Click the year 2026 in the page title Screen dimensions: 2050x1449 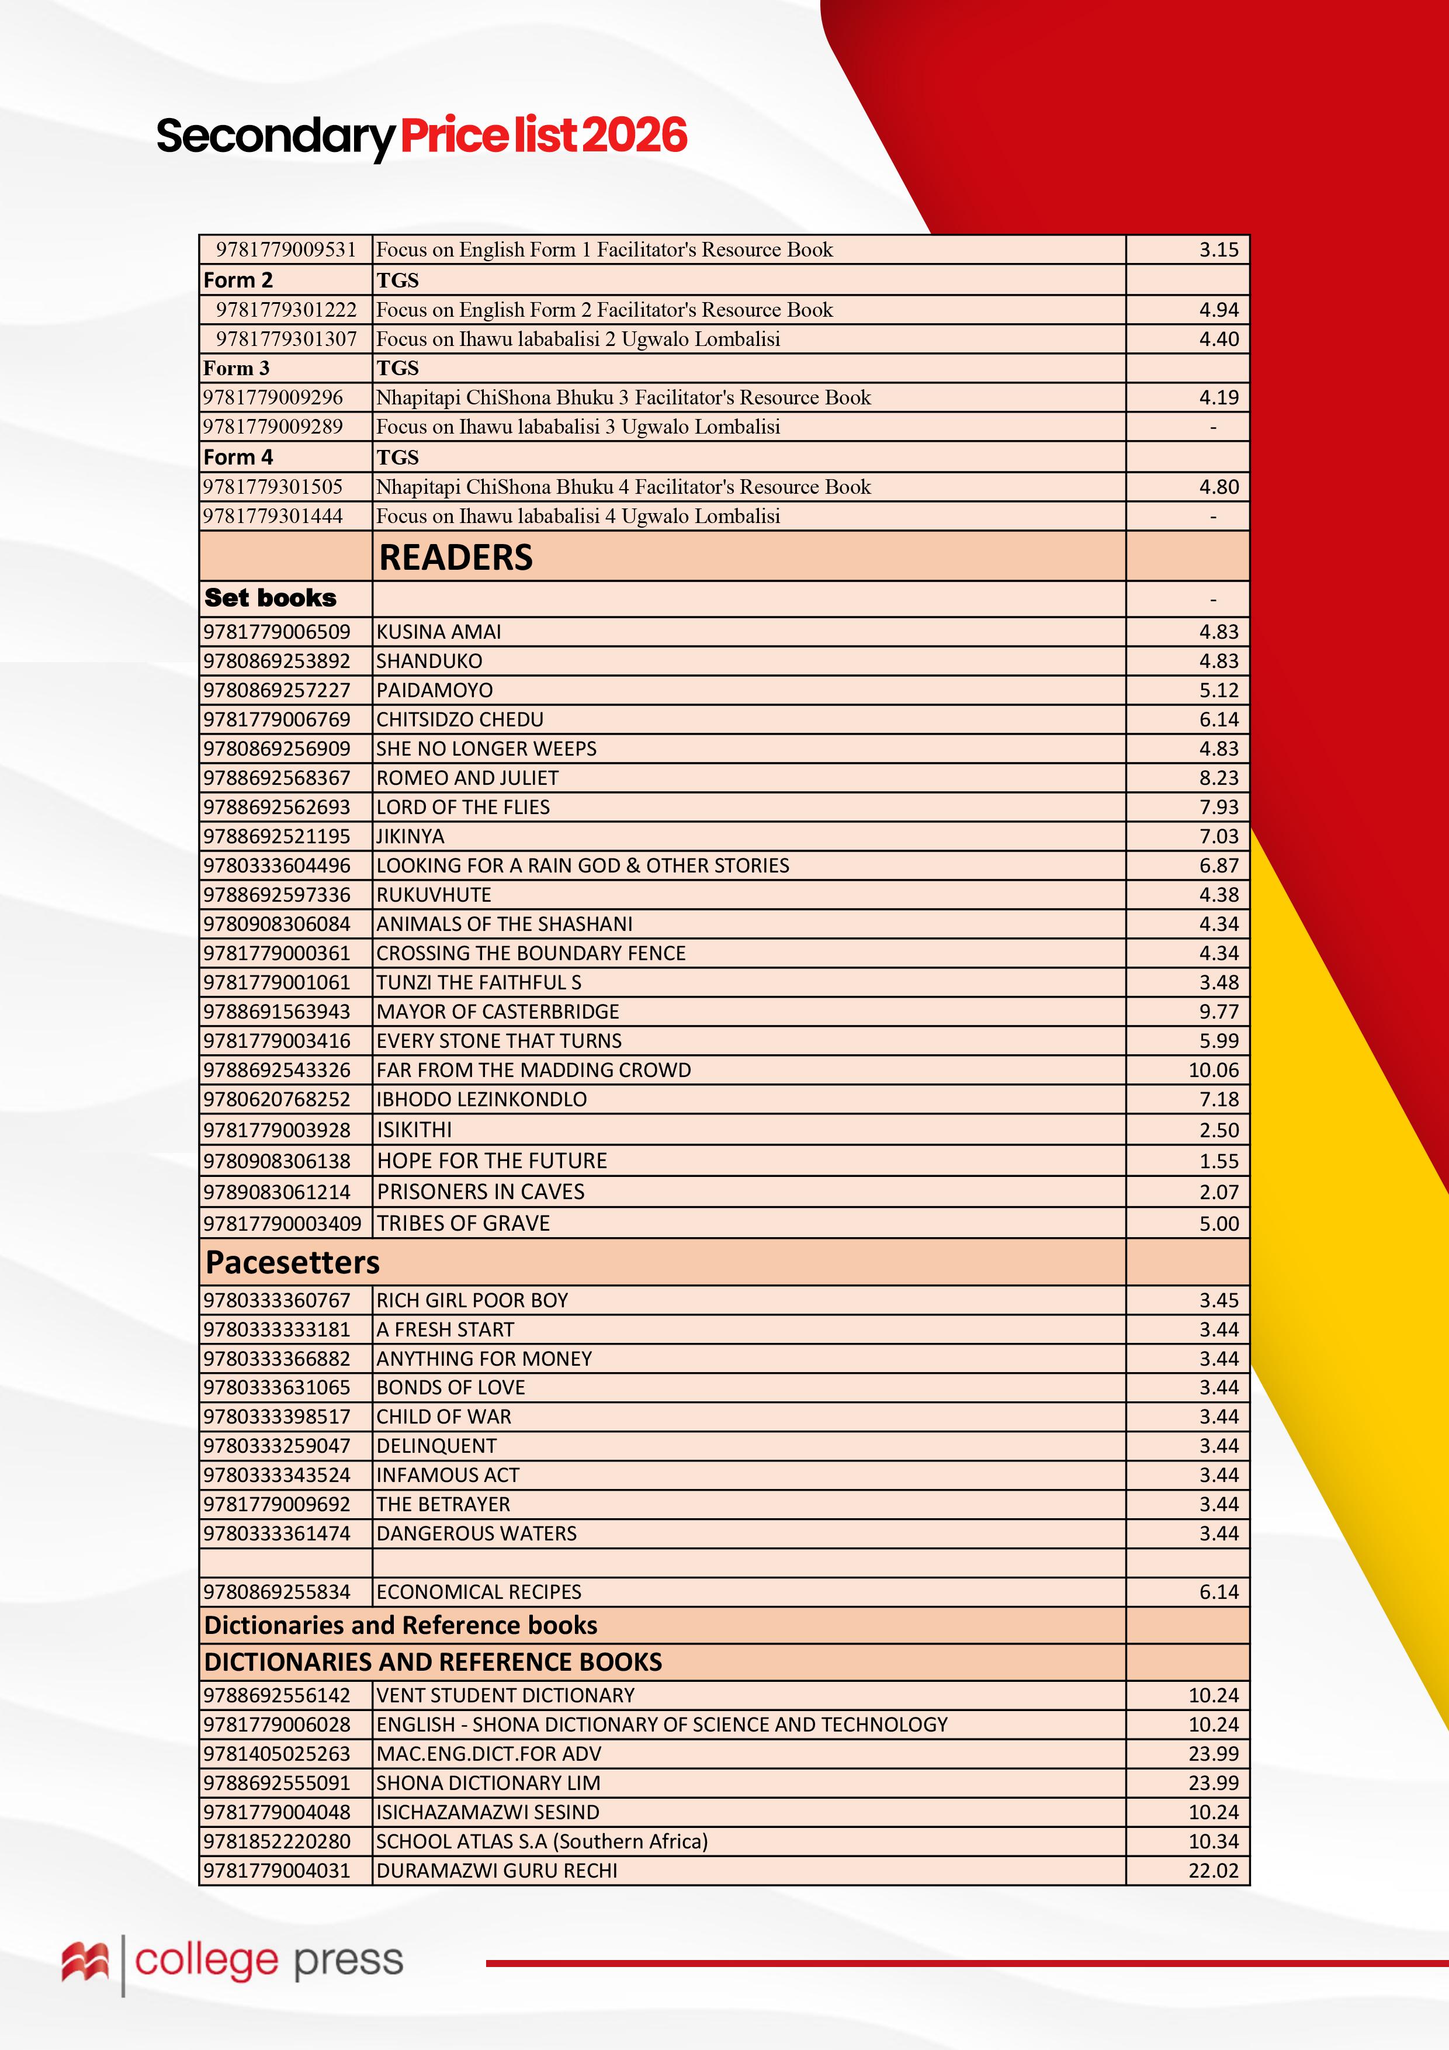coord(636,136)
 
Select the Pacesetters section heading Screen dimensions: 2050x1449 coord(292,1262)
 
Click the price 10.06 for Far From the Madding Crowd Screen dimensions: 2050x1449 coord(1214,1069)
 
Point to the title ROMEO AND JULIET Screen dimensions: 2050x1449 coord(467,778)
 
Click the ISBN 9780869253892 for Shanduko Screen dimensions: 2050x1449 coord(277,661)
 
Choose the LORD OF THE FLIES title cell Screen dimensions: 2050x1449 coord(463,807)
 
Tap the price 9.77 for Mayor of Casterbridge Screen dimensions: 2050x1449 coord(1219,1012)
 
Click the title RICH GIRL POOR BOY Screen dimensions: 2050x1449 coord(472,1300)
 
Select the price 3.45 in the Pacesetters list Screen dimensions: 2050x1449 coord(1219,1300)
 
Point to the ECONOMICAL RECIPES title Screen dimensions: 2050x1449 coord(479,1592)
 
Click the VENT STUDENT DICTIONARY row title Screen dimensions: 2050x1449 coord(505,1695)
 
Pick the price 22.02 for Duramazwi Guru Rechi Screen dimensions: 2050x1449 coord(1214,1871)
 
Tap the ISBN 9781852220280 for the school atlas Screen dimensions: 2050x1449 coord(277,1841)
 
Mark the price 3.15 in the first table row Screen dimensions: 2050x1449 coord(1219,250)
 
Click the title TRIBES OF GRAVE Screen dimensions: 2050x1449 coord(463,1223)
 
